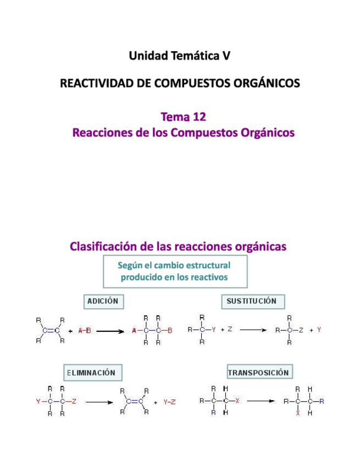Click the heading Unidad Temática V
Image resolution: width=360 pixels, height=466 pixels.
[x=180, y=56]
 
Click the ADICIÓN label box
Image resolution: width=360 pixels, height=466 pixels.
[x=103, y=301]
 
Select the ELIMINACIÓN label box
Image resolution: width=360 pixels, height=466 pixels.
[x=91, y=372]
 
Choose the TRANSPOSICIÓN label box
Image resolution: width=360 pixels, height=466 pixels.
[x=258, y=372]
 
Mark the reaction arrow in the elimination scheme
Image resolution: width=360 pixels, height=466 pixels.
[x=98, y=402]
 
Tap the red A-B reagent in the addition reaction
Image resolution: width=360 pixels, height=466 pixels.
[x=85, y=331]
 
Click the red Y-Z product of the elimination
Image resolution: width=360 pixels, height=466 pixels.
[x=169, y=402]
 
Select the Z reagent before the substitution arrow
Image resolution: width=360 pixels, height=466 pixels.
[x=230, y=330]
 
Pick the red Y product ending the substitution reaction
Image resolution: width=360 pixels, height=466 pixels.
[x=319, y=330]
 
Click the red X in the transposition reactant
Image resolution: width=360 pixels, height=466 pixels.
[x=237, y=401]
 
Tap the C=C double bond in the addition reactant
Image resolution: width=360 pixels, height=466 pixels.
[x=51, y=331]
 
